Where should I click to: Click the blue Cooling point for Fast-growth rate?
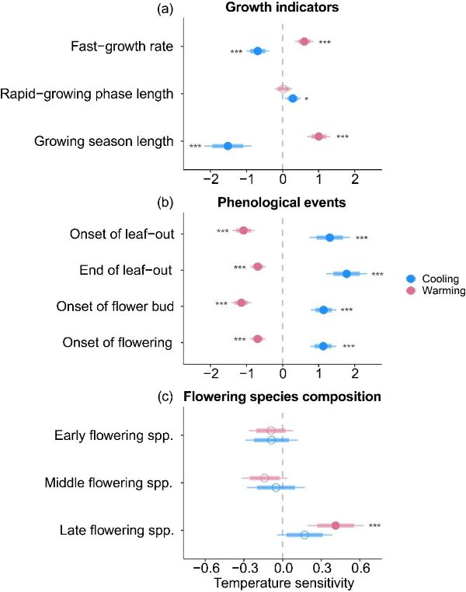(258, 51)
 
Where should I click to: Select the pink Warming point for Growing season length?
(318, 137)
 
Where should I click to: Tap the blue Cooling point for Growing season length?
(228, 146)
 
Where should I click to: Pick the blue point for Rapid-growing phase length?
(293, 99)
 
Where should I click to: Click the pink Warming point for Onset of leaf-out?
(243, 230)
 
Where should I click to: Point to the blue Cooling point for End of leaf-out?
(346, 274)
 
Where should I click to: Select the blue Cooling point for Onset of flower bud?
(323, 310)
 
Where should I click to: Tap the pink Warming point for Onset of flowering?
(258, 339)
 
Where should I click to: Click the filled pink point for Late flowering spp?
(336, 525)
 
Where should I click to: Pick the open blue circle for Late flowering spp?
(304, 535)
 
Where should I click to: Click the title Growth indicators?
(281, 9)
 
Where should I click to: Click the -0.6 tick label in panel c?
(203, 567)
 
